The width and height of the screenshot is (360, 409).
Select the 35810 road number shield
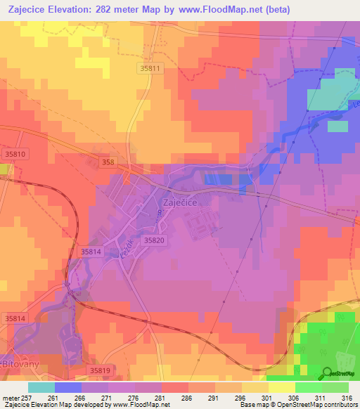tap(15, 154)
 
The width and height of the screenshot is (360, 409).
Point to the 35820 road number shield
tap(154, 240)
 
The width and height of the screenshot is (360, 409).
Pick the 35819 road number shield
tap(101, 369)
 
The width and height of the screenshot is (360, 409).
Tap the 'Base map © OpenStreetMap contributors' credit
tap(298, 405)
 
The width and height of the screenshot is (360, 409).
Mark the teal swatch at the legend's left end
tap(41, 387)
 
